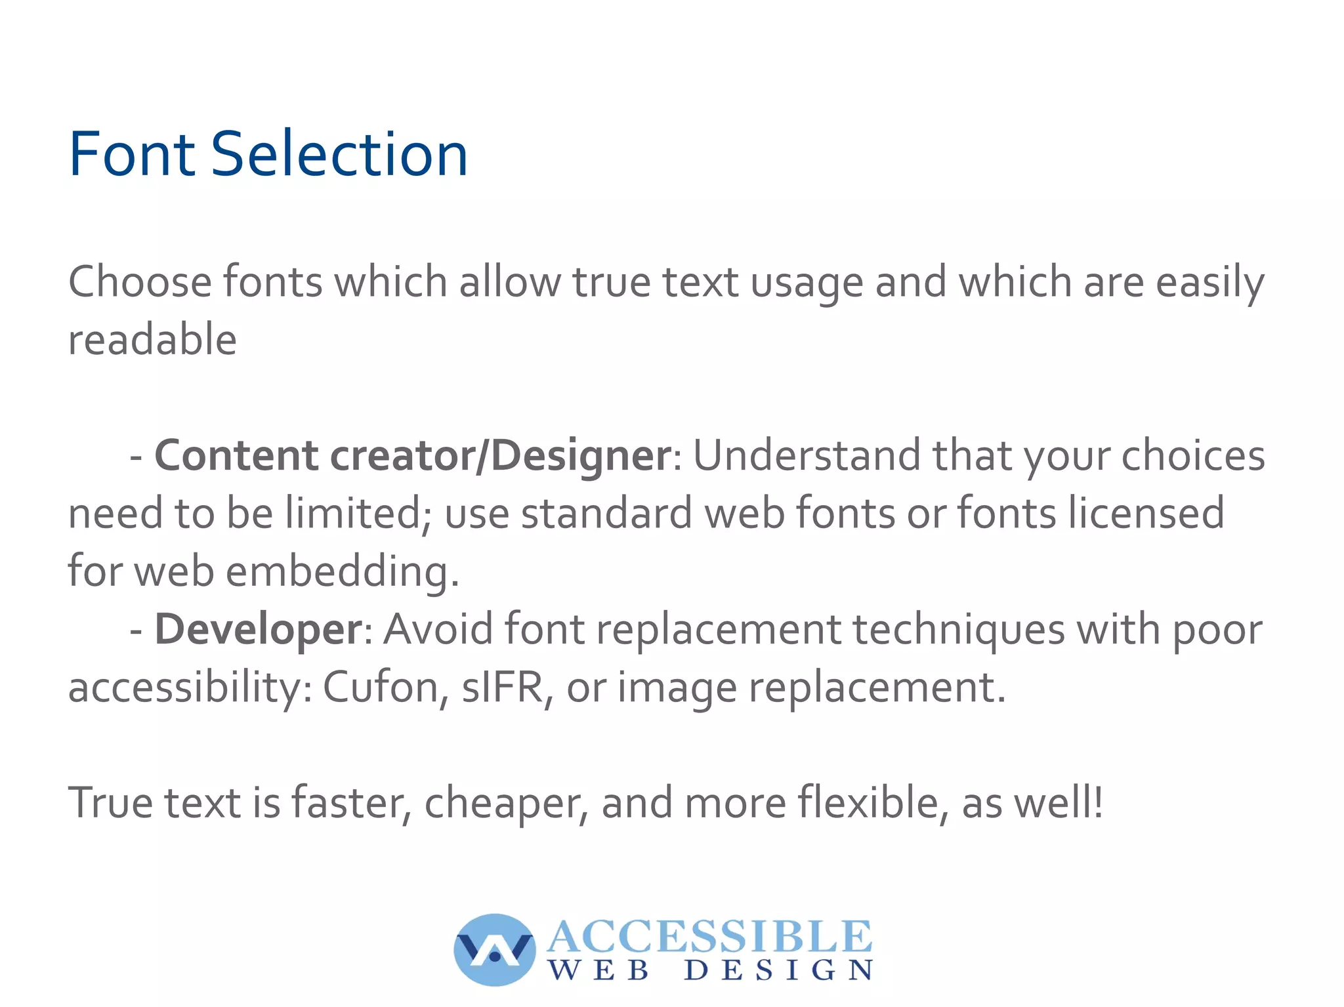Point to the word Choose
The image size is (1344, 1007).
140,282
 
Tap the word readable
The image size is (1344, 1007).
152,340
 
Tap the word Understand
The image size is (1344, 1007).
807,455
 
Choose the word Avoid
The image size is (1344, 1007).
438,629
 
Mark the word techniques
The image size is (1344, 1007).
959,629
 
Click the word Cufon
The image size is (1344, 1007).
385,688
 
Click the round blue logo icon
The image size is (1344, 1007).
494,949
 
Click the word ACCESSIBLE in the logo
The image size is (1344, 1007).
709,936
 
